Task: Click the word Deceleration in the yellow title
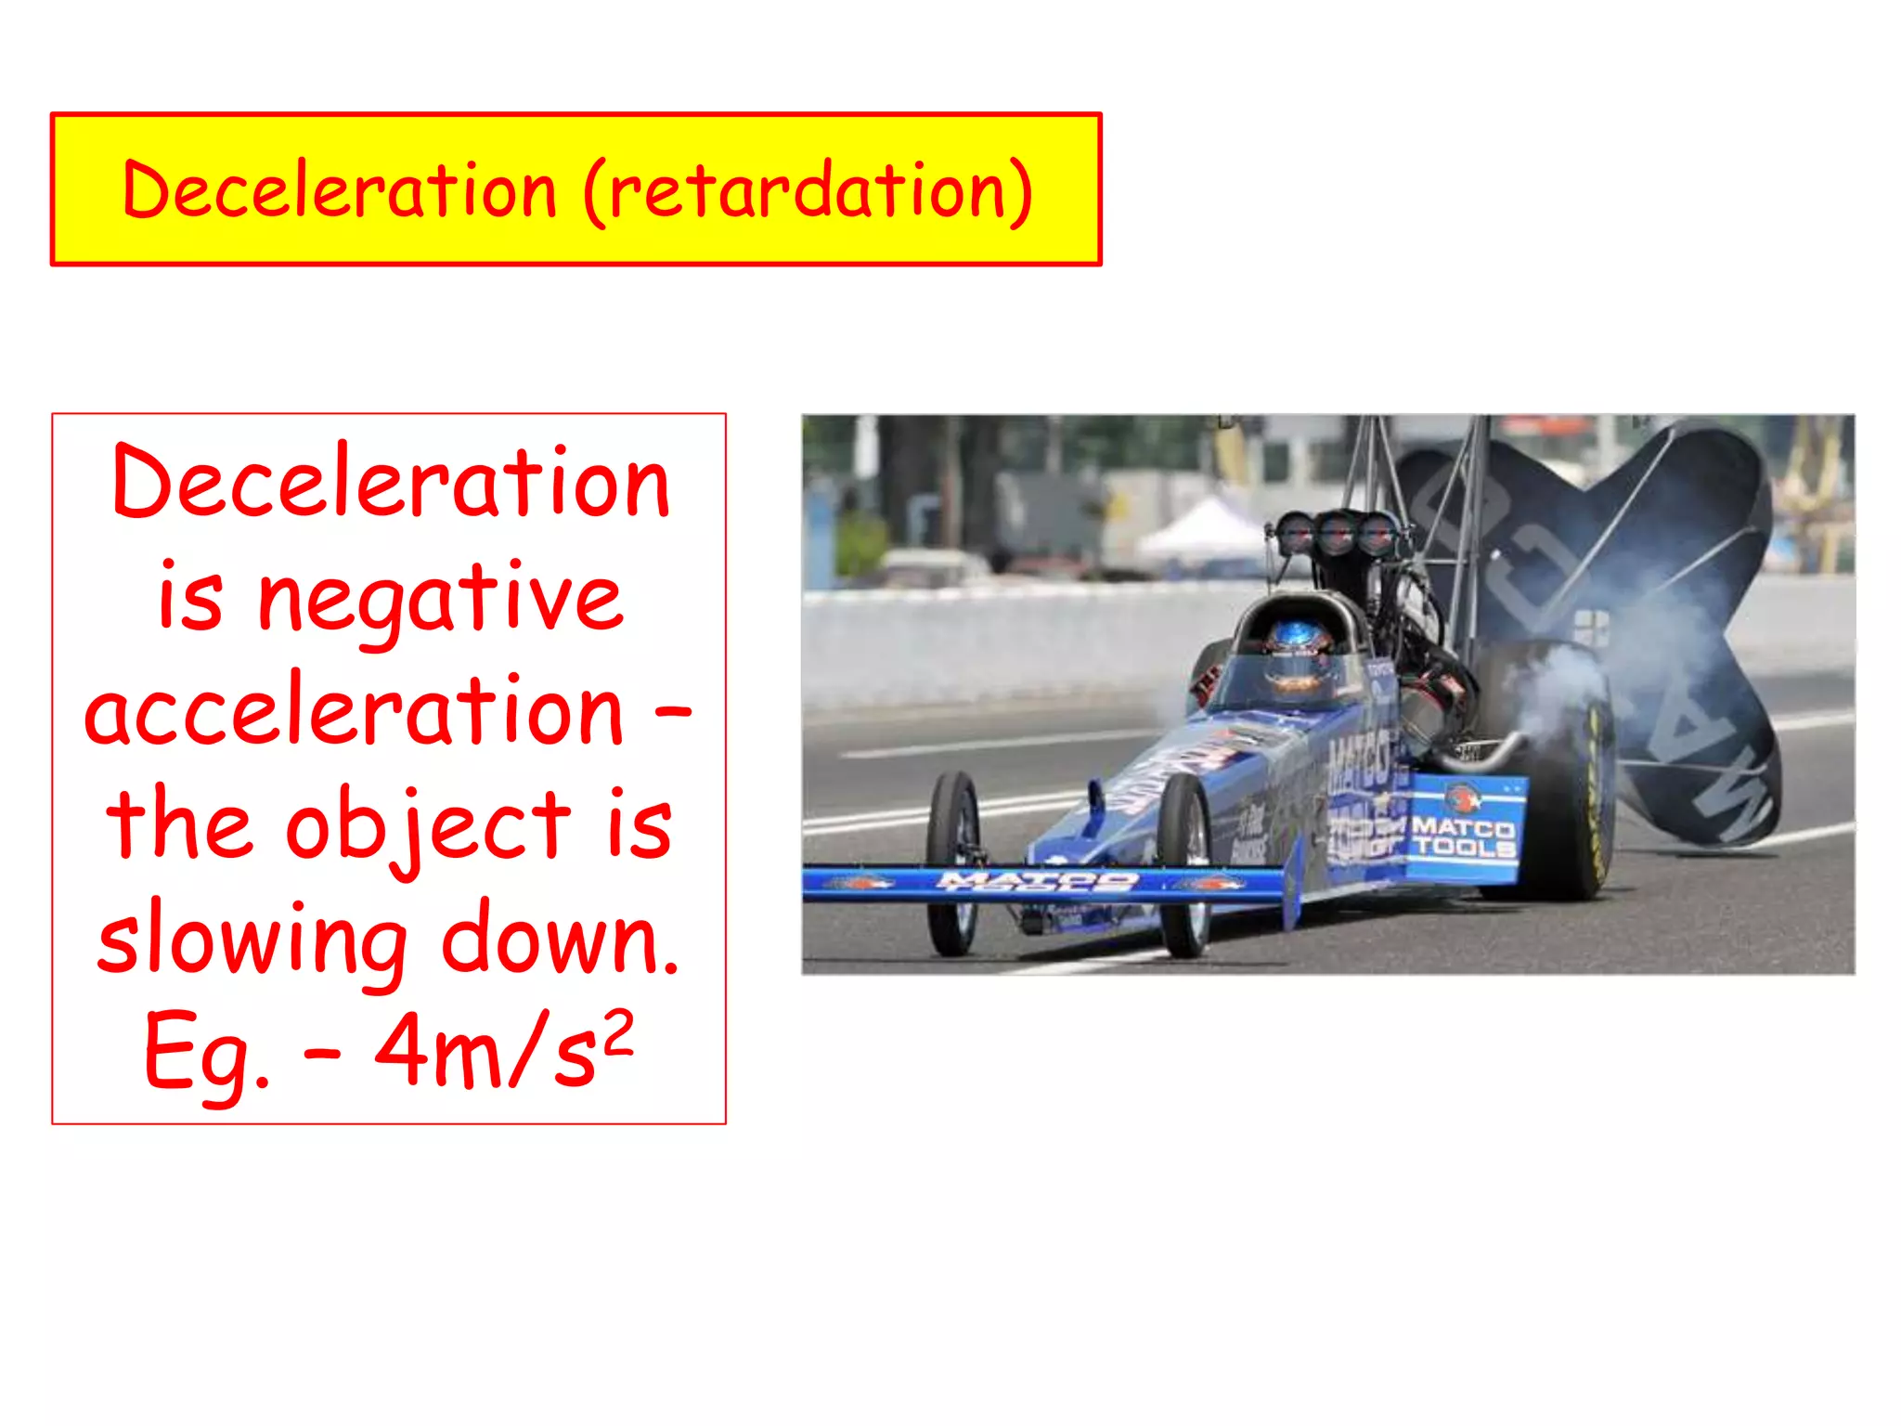point(339,190)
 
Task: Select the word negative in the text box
point(440,600)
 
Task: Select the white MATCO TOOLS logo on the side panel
point(1463,836)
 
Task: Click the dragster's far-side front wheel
point(953,859)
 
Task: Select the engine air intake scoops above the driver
point(1337,534)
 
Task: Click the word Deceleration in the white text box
point(390,484)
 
